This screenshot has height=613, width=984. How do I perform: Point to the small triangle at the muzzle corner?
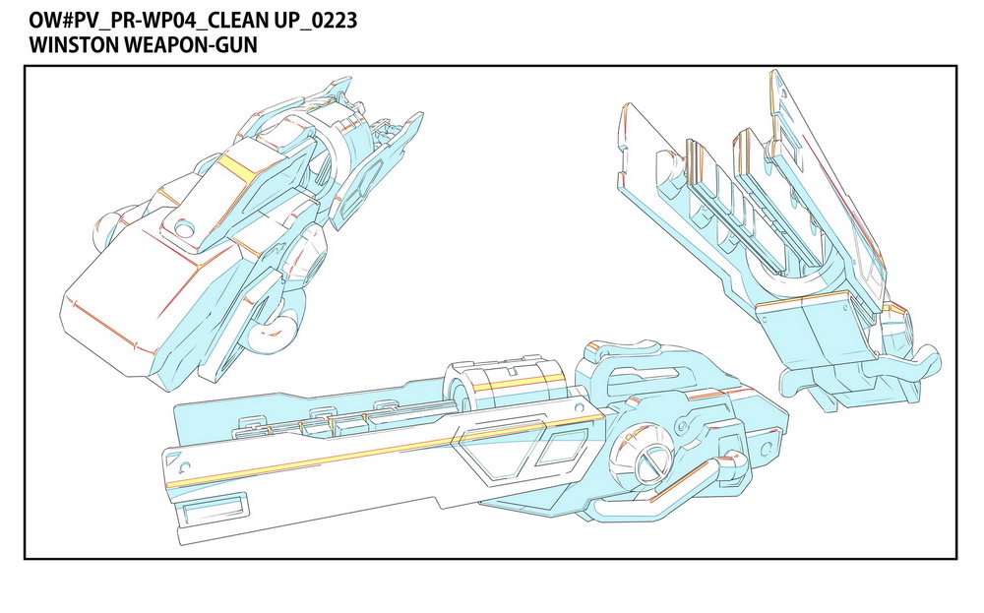(185, 466)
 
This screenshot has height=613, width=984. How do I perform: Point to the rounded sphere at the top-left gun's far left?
(107, 230)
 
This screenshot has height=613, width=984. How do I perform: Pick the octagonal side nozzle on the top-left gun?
(311, 258)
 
